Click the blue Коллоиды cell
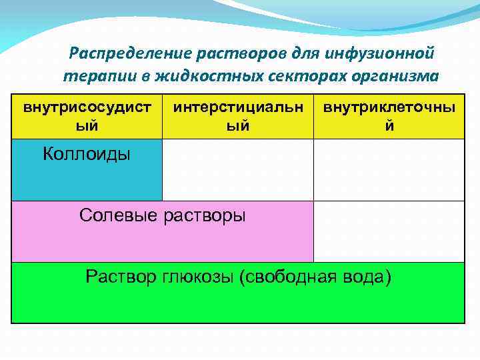87,169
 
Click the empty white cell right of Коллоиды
238,169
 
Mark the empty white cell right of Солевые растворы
389,231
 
